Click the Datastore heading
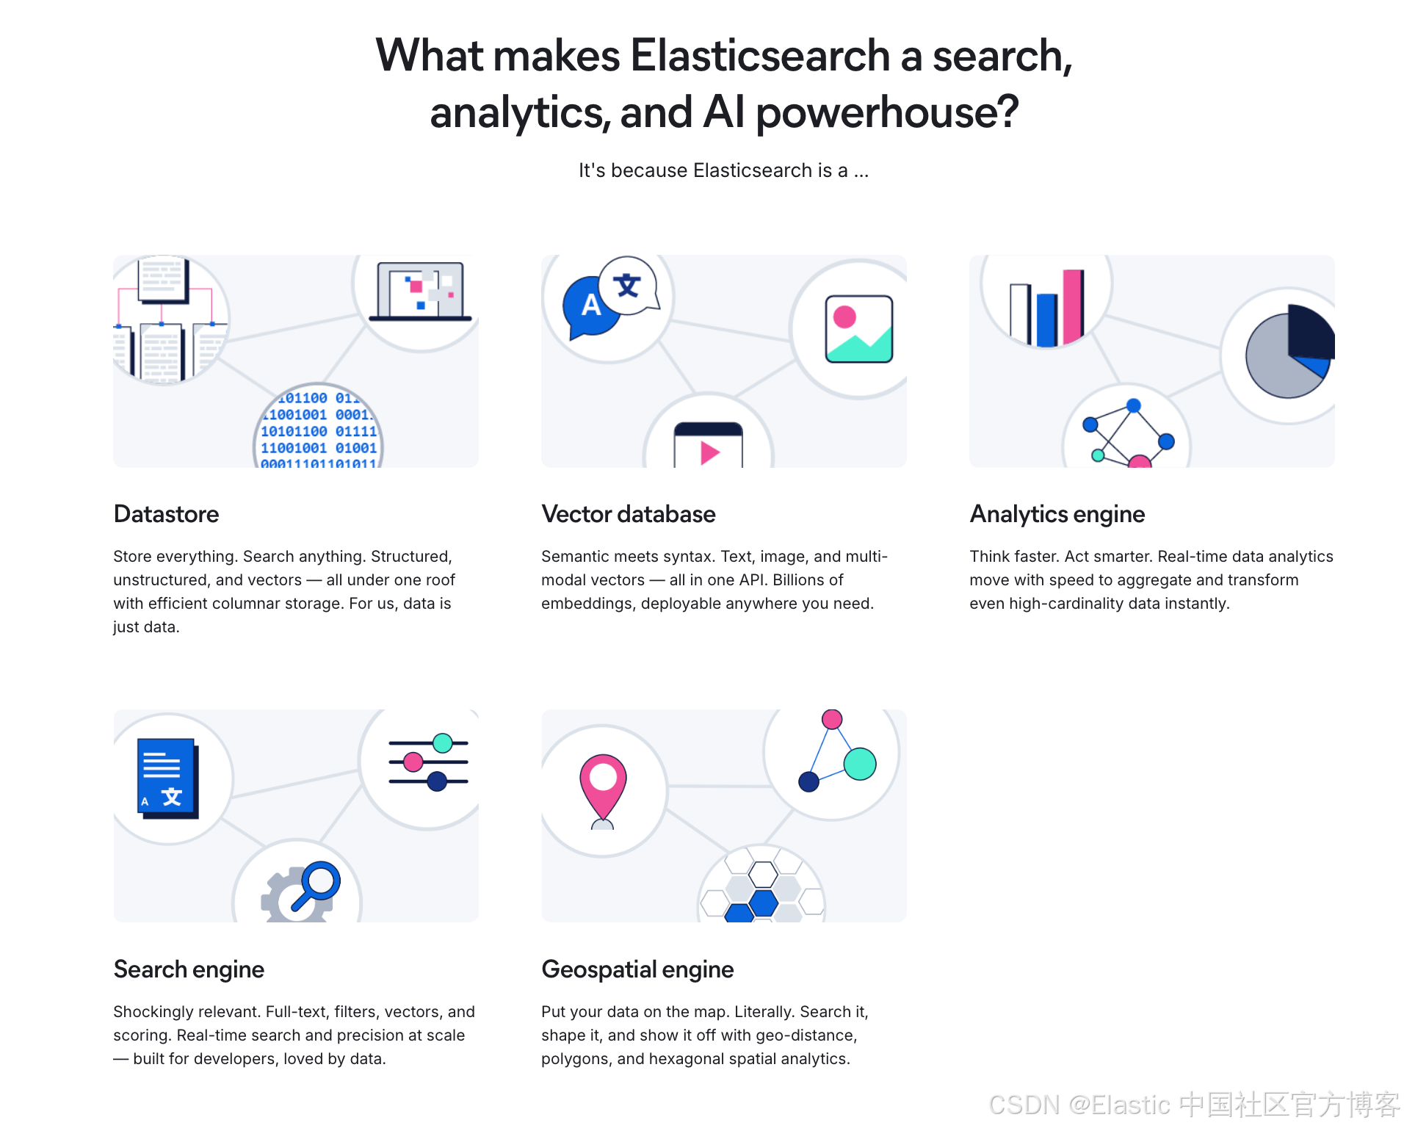pos(166,514)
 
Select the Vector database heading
pos(628,514)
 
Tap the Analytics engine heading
pos(1057,514)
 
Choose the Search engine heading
pos(189,969)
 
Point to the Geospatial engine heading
pos(637,969)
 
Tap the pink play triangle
pos(709,452)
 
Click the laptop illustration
pos(420,292)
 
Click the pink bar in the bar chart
pos(1073,305)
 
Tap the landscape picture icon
pos(858,329)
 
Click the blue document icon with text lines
pos(167,778)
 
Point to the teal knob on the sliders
pos(443,743)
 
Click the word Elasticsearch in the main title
pos(760,56)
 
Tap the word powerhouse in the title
pos(886,112)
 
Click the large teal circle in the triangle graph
pos(860,764)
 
